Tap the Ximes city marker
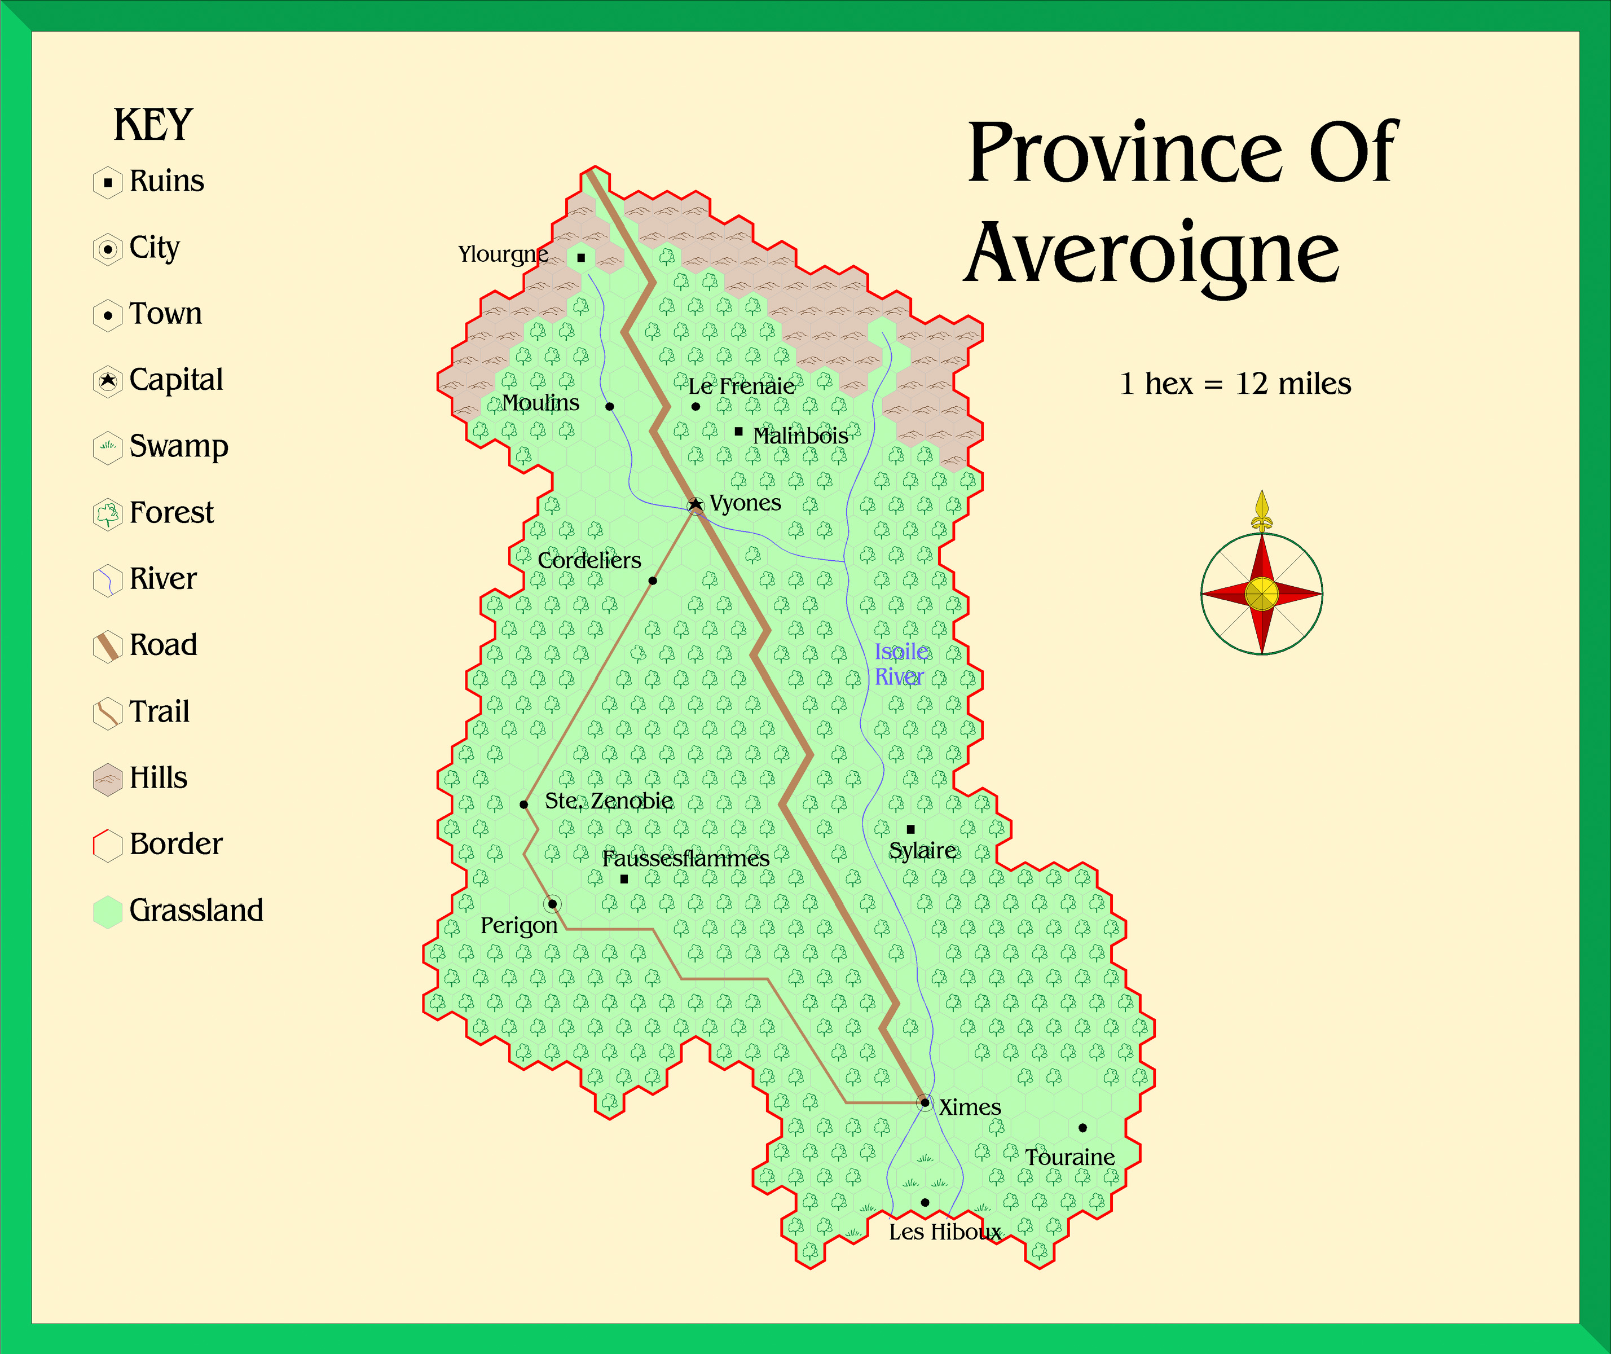point(925,1103)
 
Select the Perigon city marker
point(552,904)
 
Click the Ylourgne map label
point(503,254)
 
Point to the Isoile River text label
point(900,664)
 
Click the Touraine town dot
point(1082,1128)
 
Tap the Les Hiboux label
point(945,1232)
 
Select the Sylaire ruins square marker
point(910,829)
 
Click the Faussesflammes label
point(685,858)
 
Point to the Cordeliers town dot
point(653,581)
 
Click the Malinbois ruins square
point(738,432)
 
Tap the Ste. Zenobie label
point(609,801)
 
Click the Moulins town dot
point(609,406)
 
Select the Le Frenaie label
point(741,386)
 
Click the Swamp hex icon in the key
point(107,447)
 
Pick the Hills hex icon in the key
point(107,779)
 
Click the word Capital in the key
point(176,380)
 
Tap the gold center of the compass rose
point(1261,594)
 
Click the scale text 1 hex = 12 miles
point(1235,384)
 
